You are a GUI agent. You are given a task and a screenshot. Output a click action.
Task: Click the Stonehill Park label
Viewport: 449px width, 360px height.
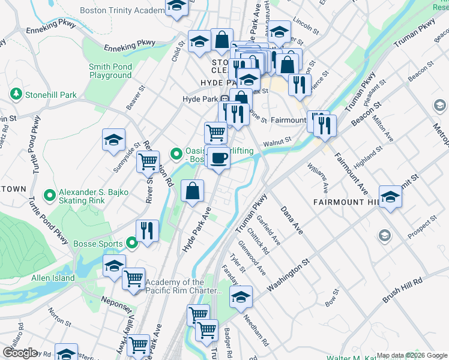pos(50,95)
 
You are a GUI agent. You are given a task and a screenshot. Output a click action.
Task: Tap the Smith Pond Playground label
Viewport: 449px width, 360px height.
pos(110,71)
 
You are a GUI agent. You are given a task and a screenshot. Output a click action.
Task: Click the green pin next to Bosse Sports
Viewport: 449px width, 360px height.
pos(132,243)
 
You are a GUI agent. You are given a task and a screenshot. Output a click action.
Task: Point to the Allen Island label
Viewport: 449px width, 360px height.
pos(53,278)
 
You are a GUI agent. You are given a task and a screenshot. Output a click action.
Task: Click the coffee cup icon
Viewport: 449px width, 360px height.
pos(218,158)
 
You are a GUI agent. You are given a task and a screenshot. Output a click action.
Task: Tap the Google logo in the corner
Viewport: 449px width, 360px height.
pos(20,352)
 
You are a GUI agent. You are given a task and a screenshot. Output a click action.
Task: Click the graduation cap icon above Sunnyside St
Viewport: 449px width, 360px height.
pos(113,140)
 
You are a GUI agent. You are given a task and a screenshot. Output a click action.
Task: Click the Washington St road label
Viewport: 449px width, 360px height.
pos(288,276)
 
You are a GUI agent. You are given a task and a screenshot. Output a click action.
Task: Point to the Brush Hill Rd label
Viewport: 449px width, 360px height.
pos(402,289)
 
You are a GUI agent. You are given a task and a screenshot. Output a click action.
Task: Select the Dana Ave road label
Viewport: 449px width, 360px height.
pos(292,221)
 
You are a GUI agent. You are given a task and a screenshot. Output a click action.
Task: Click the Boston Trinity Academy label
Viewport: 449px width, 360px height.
pos(121,10)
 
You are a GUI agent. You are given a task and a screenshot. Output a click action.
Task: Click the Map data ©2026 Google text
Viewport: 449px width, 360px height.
pos(411,355)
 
